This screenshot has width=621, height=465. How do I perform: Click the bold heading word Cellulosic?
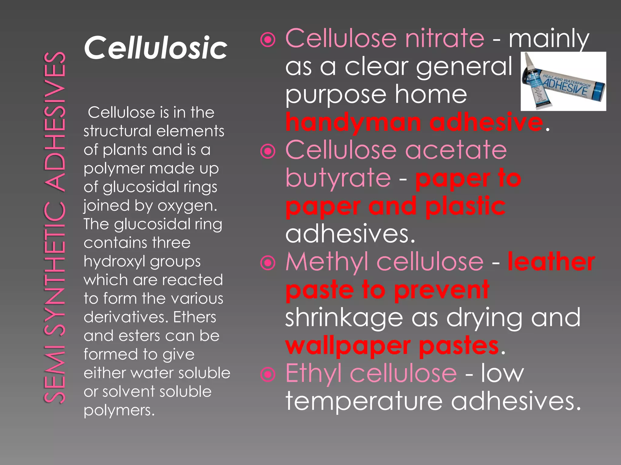coord(155,48)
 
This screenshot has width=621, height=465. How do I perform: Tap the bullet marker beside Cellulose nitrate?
coord(268,40)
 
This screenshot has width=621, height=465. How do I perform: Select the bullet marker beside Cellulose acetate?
coord(268,151)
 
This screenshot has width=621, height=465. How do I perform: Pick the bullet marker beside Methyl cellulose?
coord(268,263)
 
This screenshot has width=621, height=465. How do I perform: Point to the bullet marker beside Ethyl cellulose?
coord(268,374)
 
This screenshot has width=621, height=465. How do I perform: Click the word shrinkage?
coord(344,318)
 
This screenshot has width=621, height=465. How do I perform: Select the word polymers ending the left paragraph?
coord(119,411)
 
